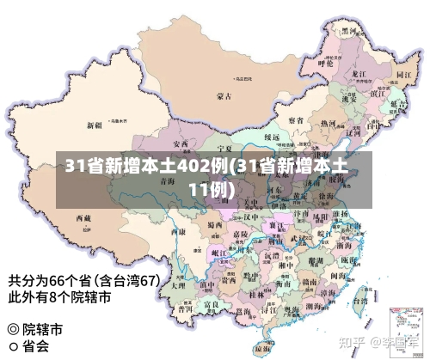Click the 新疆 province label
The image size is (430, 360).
[x=95, y=125]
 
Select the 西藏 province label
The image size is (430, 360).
[x=83, y=218]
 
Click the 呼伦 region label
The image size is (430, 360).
[x=325, y=63]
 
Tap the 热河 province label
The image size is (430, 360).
[x=328, y=123]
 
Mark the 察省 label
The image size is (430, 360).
[x=295, y=119]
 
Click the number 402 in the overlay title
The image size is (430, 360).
[x=198, y=167]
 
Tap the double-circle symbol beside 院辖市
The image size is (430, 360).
[x=12, y=330]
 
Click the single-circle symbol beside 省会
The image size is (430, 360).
[x=12, y=347]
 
